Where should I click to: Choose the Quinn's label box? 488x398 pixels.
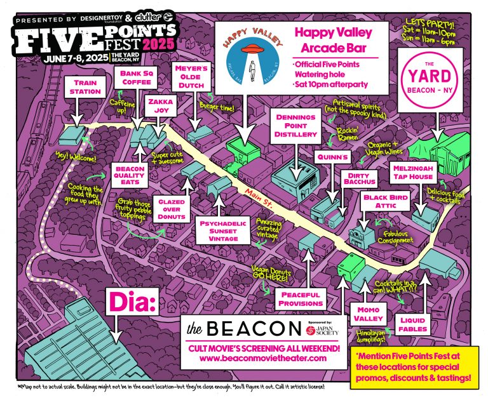click(330, 156)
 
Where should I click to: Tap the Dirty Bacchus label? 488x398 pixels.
click(360, 178)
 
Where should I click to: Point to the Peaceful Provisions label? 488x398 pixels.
click(301, 299)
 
